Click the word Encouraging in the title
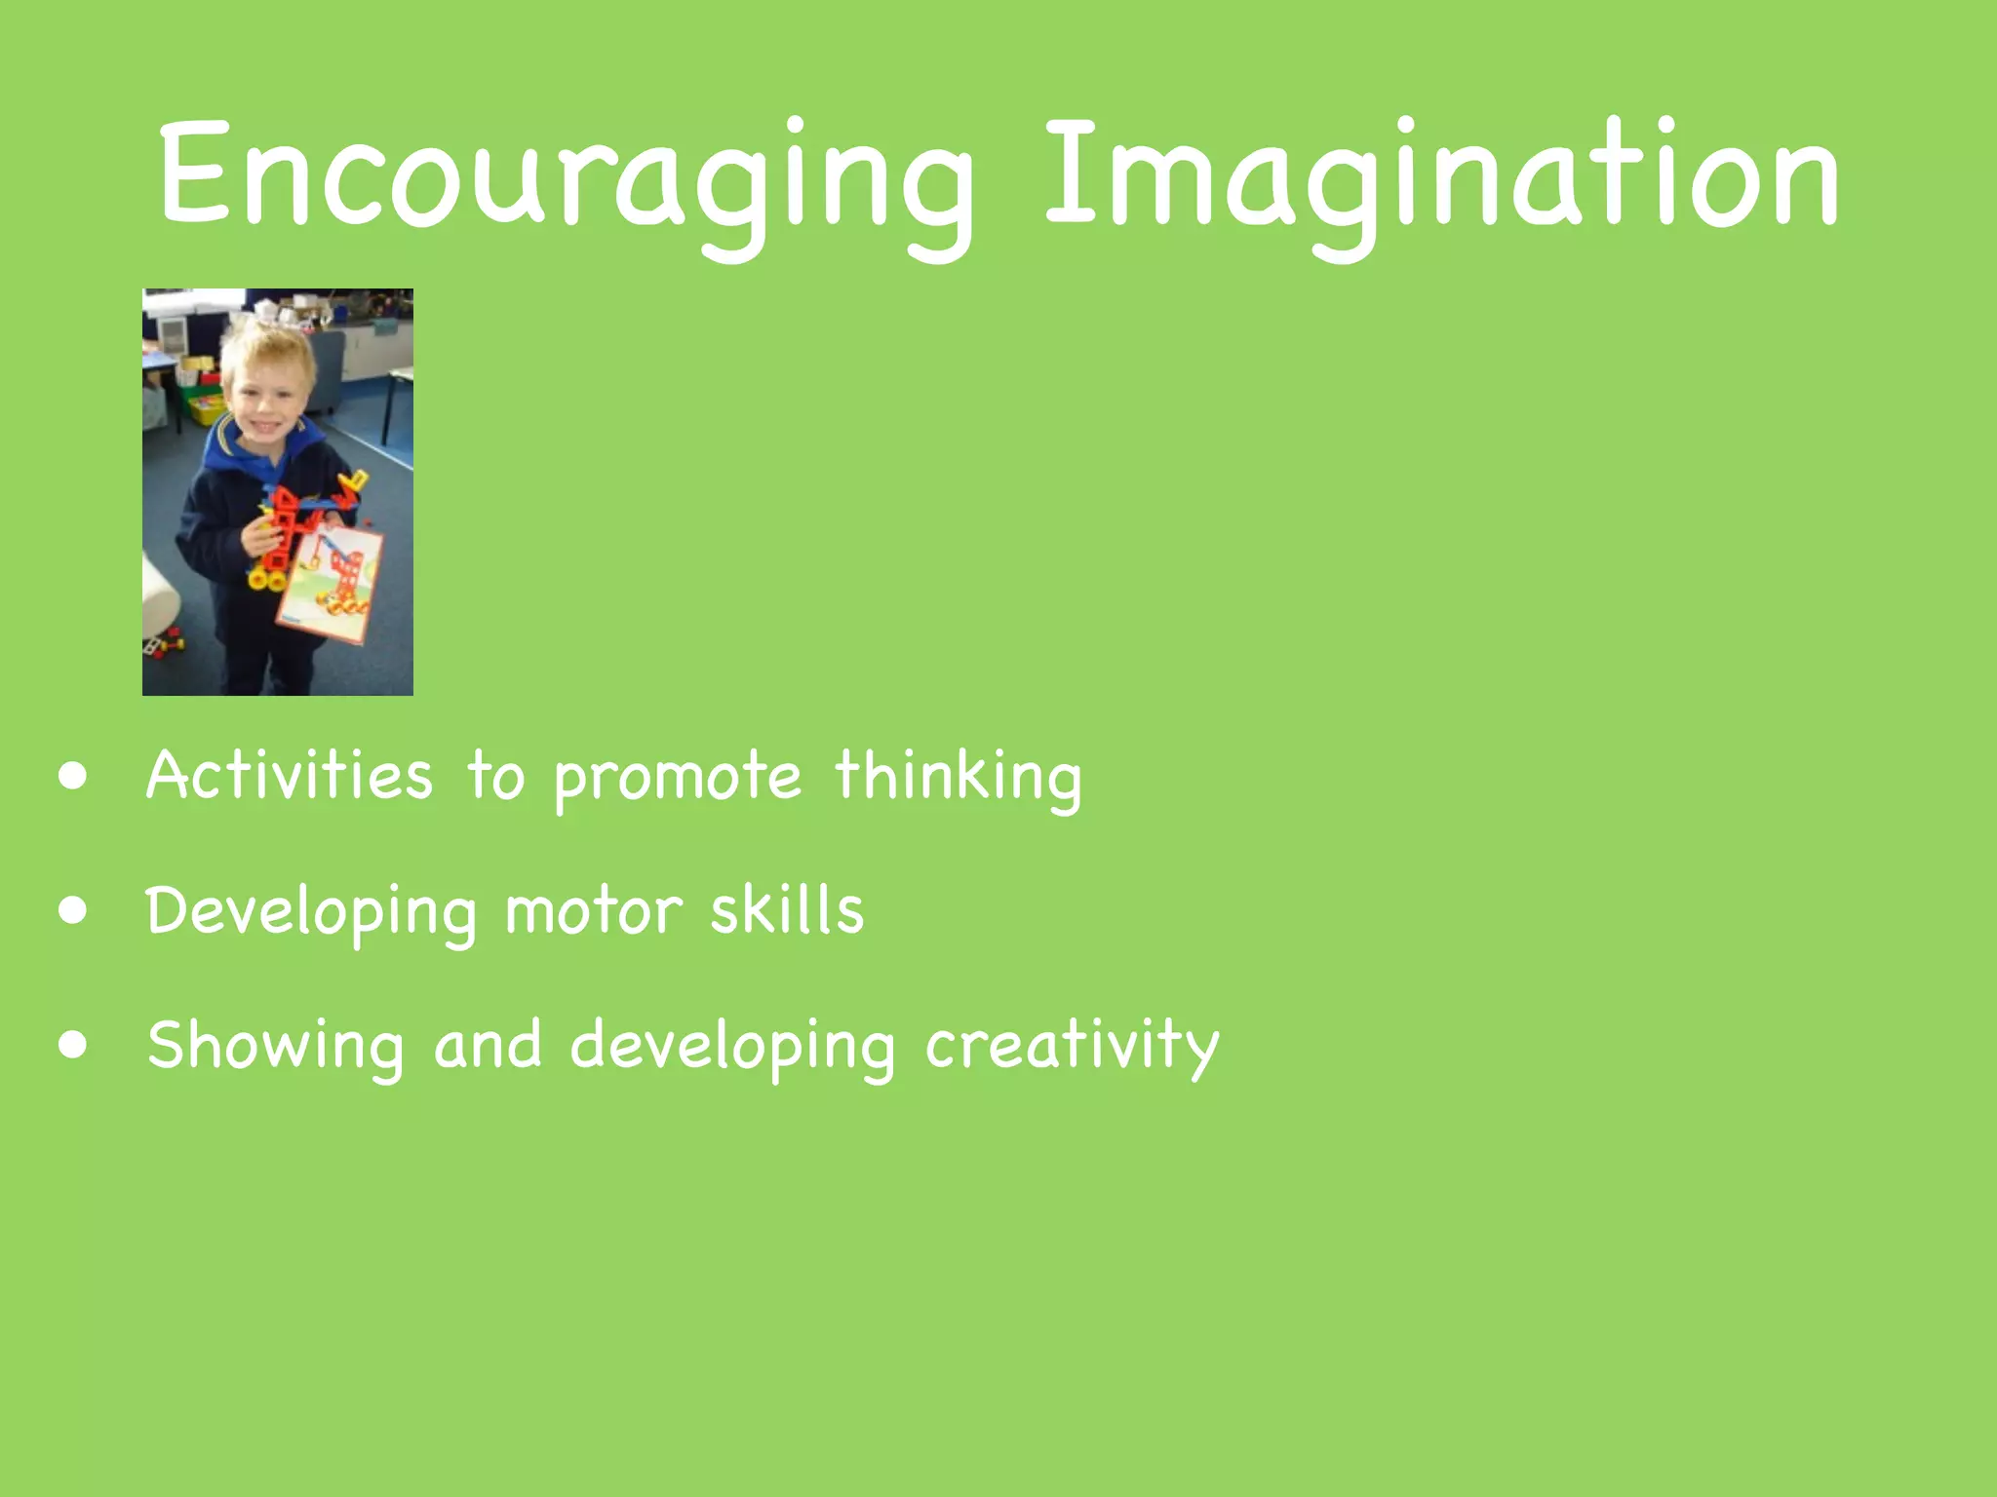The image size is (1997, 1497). [566, 180]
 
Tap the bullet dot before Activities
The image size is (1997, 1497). [72, 777]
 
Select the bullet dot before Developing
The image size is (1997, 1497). [72, 910]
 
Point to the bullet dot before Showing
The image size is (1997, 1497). [72, 1045]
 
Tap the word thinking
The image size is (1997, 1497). [958, 777]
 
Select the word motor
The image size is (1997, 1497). [593, 911]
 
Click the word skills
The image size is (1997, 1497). [786, 909]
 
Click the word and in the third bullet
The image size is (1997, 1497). [488, 1045]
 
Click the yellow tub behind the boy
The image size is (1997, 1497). [206, 409]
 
